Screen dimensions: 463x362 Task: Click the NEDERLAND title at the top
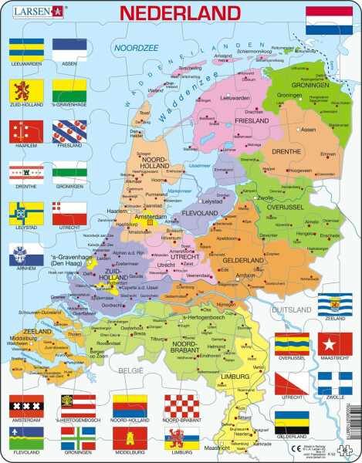pyautogui.click(x=178, y=14)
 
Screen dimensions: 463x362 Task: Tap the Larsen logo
pyautogui.click(x=35, y=12)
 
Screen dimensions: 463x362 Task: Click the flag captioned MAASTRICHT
pyautogui.click(x=334, y=344)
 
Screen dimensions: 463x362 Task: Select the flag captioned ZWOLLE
pyautogui.click(x=334, y=384)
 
